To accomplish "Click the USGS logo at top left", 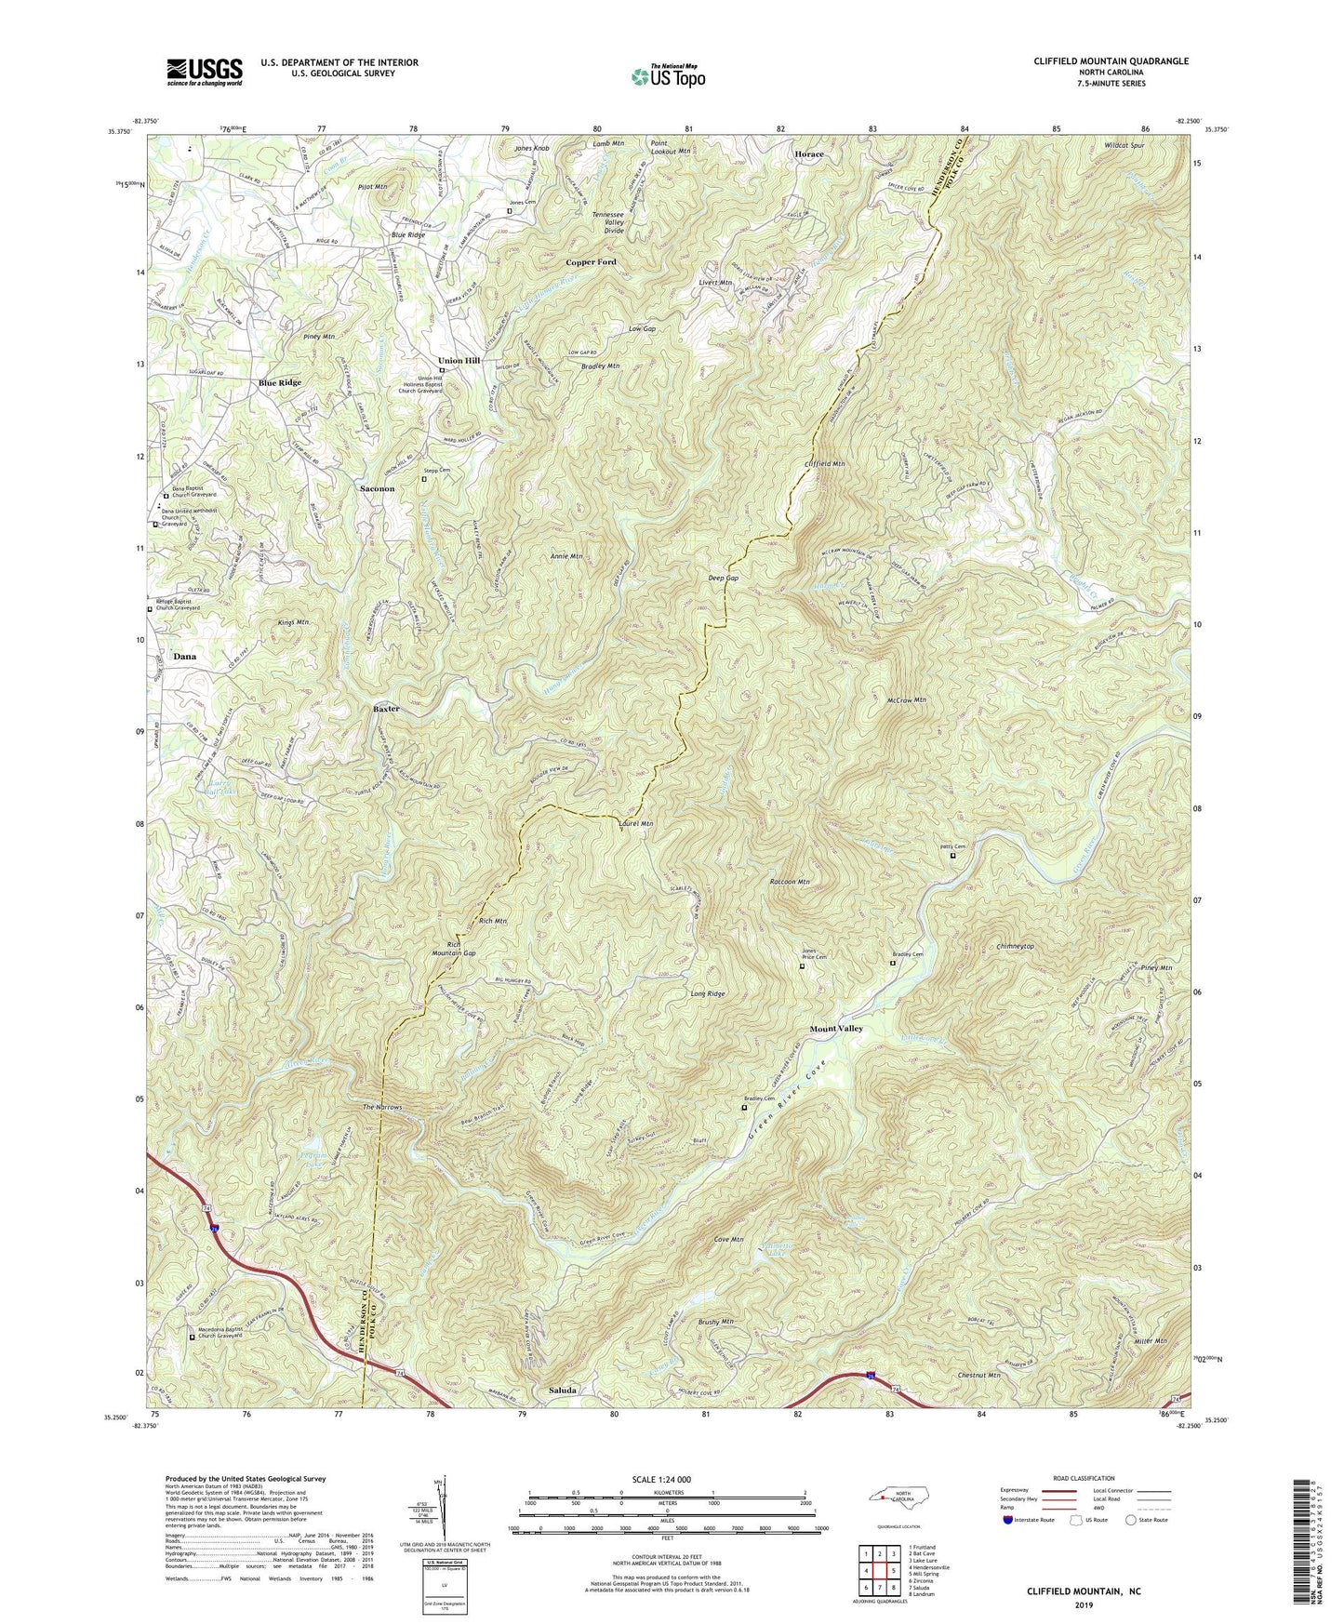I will coord(204,72).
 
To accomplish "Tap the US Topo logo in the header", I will coord(667,76).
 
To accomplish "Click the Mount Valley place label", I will coord(835,1029).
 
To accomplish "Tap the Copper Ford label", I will coord(592,262).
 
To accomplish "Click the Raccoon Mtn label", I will coord(791,882).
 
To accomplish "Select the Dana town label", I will coord(184,657).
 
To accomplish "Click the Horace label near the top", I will coord(808,153).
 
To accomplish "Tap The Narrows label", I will coord(381,1108).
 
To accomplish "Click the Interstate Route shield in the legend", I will coord(1010,1520).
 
